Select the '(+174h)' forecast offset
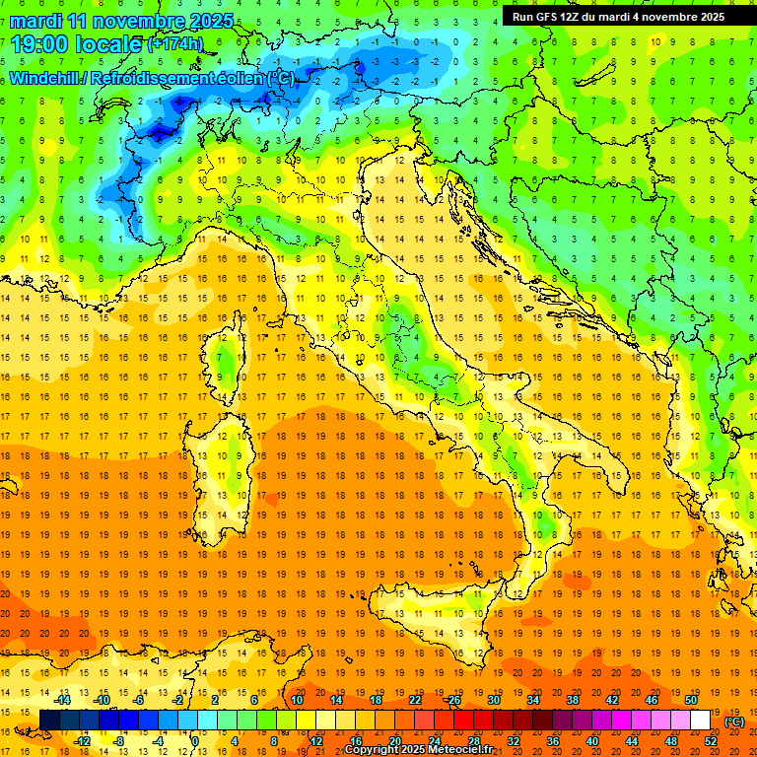[175, 44]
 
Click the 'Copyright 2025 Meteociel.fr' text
[418, 750]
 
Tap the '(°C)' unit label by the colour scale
[734, 721]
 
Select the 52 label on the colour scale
[711, 741]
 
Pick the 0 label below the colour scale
[195, 741]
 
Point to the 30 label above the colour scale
[493, 700]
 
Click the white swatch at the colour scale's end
[701, 721]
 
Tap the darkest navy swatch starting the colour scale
[49, 721]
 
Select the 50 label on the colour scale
[691, 700]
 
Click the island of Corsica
[229, 355]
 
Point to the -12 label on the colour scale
[82, 741]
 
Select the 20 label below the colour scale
[394, 741]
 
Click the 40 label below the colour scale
[592, 741]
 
